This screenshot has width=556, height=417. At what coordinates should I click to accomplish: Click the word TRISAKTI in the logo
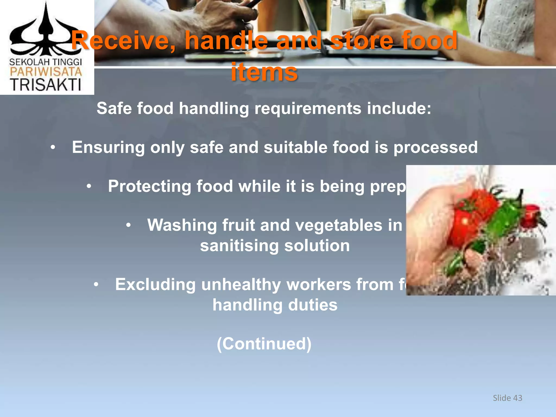tap(46, 85)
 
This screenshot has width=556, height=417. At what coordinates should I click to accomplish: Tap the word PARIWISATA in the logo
tap(46, 72)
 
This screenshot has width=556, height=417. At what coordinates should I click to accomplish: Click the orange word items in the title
tap(264, 72)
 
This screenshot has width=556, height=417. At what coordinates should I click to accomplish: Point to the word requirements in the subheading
tap(308, 108)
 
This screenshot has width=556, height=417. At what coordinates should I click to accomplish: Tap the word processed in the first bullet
tap(435, 147)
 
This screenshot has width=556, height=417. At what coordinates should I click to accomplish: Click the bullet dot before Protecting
tap(89, 187)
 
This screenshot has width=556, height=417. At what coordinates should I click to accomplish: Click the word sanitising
tap(239, 246)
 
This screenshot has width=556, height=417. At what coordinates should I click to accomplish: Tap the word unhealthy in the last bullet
tap(241, 285)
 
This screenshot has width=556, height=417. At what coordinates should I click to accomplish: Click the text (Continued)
tap(264, 344)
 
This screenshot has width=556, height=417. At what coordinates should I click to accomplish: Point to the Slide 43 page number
tap(507, 398)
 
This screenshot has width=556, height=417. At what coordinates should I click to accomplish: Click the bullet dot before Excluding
tap(96, 285)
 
